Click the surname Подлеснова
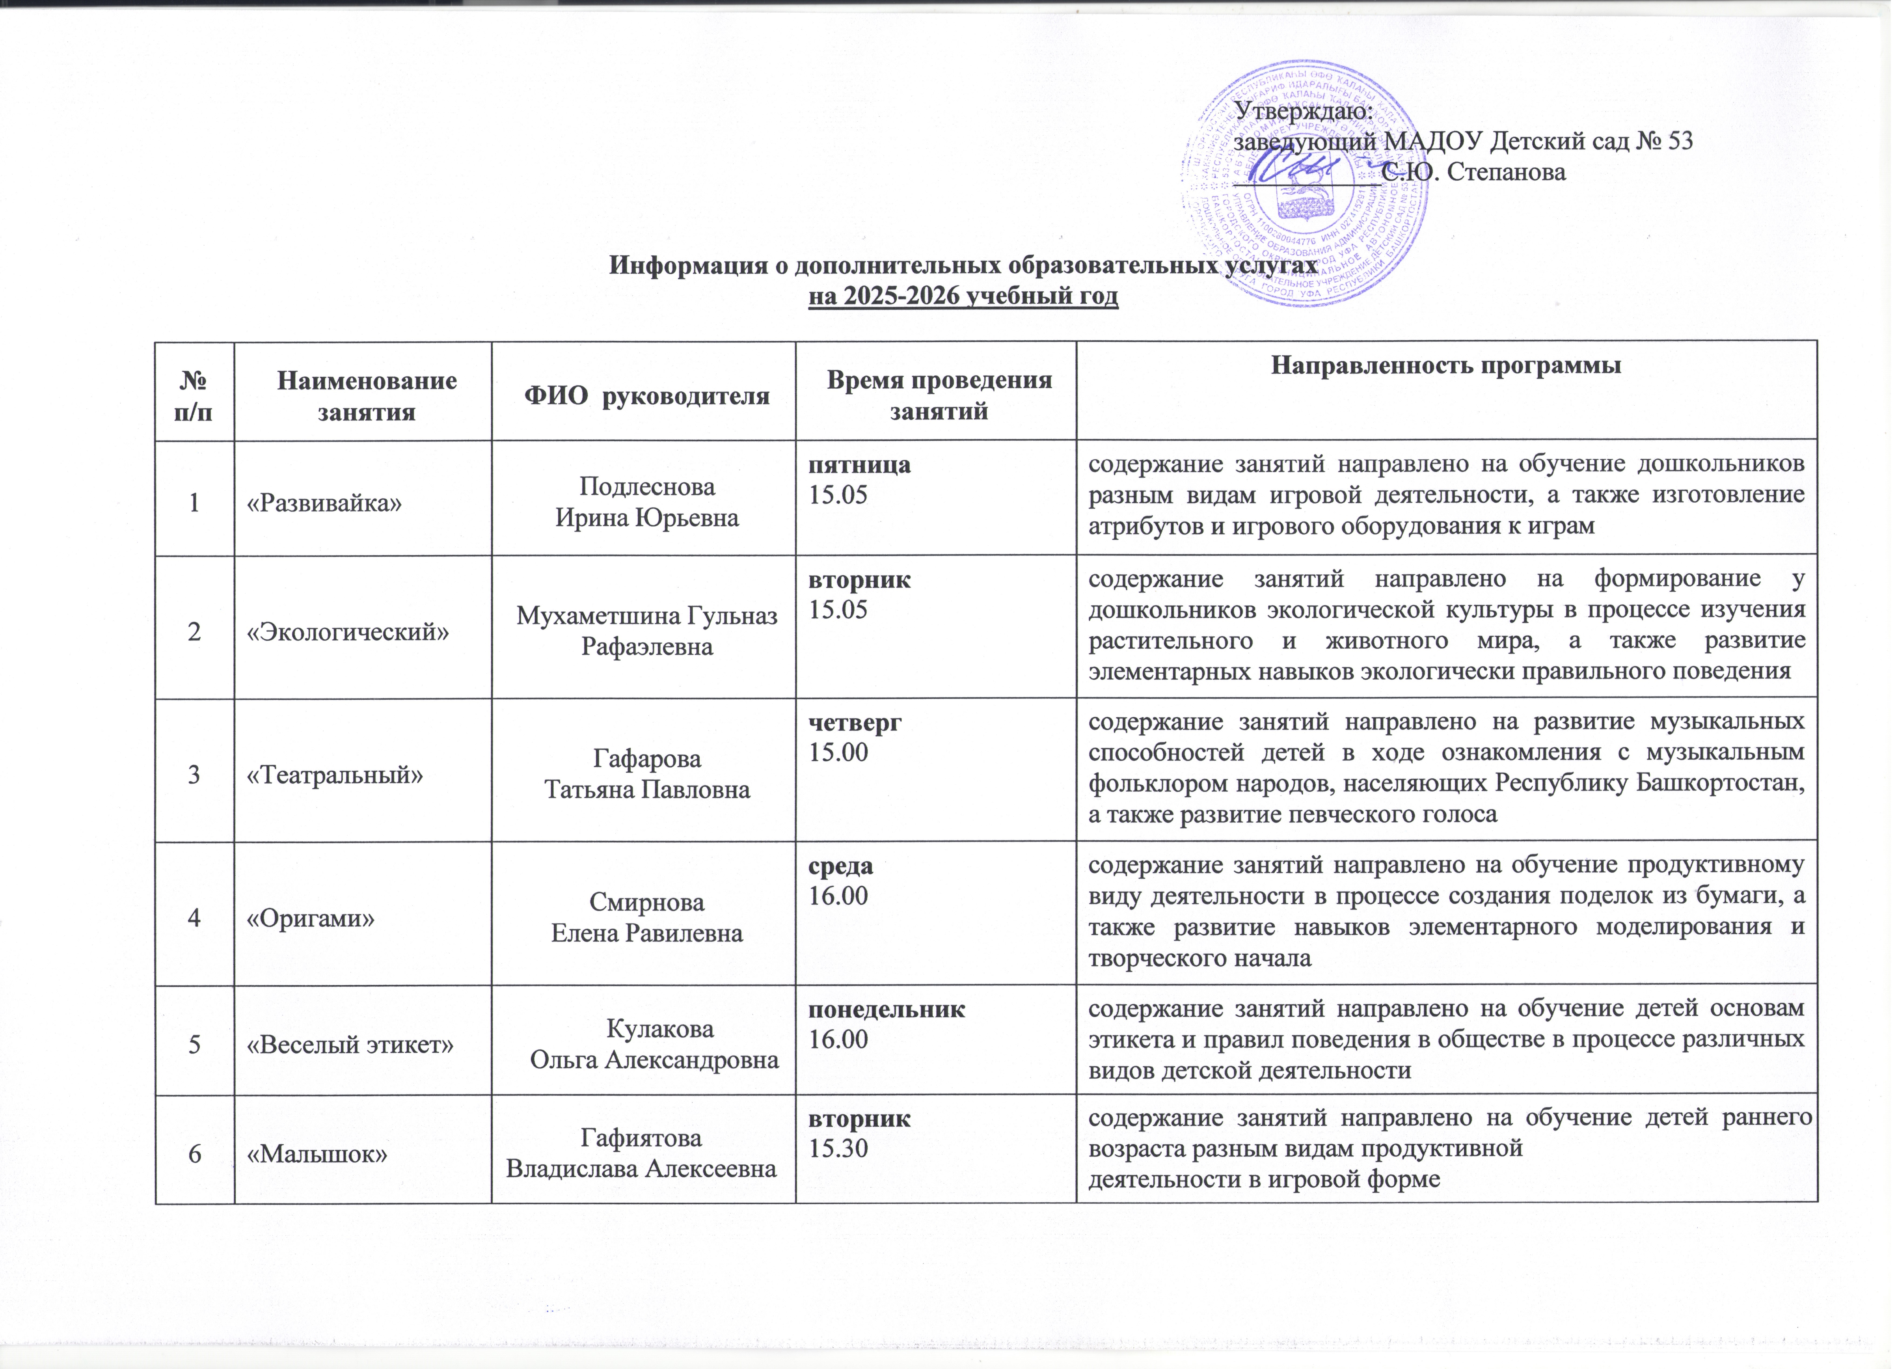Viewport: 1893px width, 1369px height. (x=647, y=487)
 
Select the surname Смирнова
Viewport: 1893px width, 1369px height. (x=647, y=902)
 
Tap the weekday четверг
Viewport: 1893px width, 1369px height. (x=855, y=723)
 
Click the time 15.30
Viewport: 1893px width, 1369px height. (x=839, y=1148)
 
